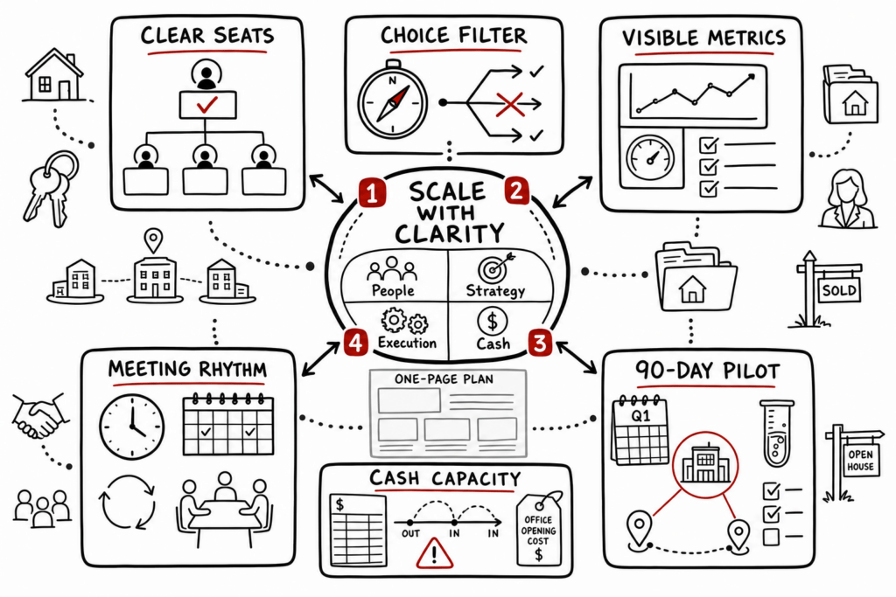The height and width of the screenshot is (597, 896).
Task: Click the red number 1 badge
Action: (371, 193)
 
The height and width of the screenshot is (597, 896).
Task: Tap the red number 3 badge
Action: (539, 343)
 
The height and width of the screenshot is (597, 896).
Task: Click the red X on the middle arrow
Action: (510, 104)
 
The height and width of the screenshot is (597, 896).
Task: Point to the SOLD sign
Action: (828, 288)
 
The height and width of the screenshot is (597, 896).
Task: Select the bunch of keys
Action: (50, 188)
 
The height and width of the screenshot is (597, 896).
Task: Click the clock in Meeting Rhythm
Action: (132, 426)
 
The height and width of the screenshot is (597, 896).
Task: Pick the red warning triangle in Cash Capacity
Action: (434, 553)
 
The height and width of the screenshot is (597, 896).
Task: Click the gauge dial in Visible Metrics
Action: (650, 158)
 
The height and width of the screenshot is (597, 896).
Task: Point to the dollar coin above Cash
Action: (492, 322)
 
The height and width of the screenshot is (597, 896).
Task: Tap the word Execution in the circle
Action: (407, 343)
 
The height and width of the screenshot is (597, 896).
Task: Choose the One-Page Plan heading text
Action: (444, 379)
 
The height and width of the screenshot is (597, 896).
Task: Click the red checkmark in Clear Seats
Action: (206, 104)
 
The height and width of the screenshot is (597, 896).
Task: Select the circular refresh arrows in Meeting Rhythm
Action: (128, 503)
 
